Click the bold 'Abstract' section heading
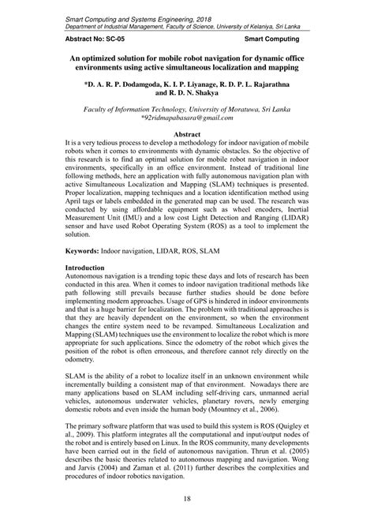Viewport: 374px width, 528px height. [x=186, y=136]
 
